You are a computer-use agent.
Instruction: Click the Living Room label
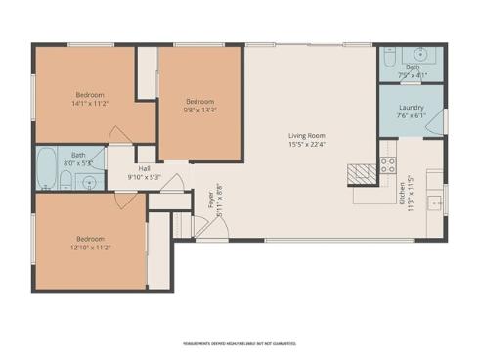[306, 135]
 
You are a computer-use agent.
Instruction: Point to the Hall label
[145, 168]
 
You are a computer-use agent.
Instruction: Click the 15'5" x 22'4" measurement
[306, 145]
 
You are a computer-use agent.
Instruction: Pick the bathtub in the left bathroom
[45, 168]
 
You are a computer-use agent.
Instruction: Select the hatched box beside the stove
[361, 173]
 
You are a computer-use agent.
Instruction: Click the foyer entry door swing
[220, 227]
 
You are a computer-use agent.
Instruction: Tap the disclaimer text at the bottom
[239, 343]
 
